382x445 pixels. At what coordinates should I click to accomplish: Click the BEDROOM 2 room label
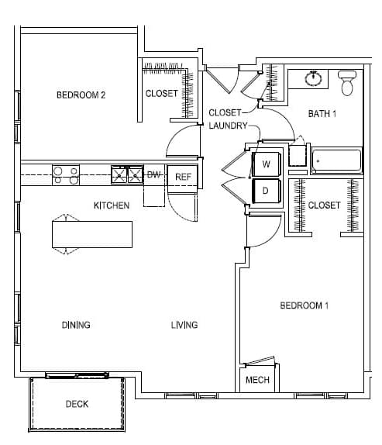coord(81,95)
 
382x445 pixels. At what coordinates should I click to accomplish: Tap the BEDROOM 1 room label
coord(305,305)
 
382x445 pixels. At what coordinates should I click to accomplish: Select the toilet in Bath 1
coord(347,83)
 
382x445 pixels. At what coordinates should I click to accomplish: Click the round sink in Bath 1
coord(313,78)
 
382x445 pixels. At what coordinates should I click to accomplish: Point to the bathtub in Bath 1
coord(336,161)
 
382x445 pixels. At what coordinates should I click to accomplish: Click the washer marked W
coord(267,164)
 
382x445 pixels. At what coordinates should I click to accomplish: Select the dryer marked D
coord(267,191)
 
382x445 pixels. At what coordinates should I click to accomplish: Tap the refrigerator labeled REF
coord(183,177)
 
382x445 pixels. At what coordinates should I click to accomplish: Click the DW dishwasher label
coord(153,175)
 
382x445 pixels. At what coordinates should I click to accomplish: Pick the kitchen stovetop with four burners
coord(66,175)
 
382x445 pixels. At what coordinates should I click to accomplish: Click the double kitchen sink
coord(127,175)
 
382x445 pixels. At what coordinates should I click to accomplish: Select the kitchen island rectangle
coord(92,234)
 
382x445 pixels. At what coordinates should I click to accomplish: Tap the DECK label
coord(77,404)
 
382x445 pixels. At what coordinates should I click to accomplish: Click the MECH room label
coord(257,380)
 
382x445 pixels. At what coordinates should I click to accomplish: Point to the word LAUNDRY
coord(229,126)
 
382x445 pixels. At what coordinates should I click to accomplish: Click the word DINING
coord(76,325)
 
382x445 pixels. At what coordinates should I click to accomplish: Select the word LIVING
coord(184,325)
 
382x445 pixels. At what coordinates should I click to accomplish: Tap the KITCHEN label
coord(112,205)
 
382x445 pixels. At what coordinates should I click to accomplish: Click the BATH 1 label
coord(322,114)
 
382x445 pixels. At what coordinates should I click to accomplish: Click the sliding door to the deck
coord(77,375)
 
